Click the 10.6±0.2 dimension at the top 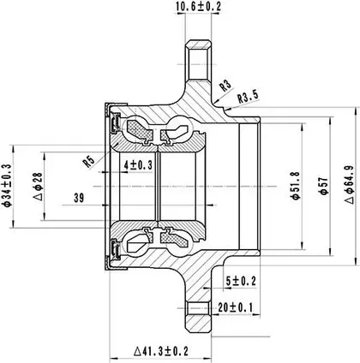[x=199, y=6]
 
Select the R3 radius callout [x=225, y=86]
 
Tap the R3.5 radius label [x=248, y=97]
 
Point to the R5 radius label [x=88, y=162]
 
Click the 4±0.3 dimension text [x=138, y=165]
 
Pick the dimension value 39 [x=79, y=198]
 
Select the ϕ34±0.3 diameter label [x=6, y=186]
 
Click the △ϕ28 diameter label [x=38, y=187]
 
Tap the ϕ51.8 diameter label [x=295, y=186]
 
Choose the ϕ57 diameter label [x=323, y=186]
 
